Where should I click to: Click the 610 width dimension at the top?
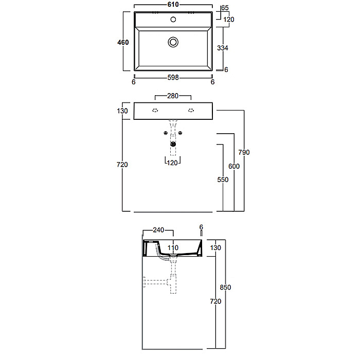point(173,4)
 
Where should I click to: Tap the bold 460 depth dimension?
point(123,42)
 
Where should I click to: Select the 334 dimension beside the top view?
point(223,48)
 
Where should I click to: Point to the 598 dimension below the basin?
point(173,78)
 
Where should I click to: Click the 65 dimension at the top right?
point(225,8)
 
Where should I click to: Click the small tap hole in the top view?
point(173,20)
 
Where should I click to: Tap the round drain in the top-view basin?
point(173,42)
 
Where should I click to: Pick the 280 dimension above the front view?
point(173,96)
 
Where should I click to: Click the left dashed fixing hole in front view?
point(155,111)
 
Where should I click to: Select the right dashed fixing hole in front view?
point(191,111)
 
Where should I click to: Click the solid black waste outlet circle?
point(173,144)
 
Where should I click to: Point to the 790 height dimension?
point(244,152)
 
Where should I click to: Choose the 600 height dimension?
point(234,166)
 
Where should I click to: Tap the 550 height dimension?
point(223,179)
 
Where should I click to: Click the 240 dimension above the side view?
point(158,230)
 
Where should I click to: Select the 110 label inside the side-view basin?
point(173,248)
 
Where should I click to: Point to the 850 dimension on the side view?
point(225,287)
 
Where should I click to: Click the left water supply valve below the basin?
point(165,133)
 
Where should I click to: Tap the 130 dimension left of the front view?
point(122,111)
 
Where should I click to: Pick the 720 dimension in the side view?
point(215,301)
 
